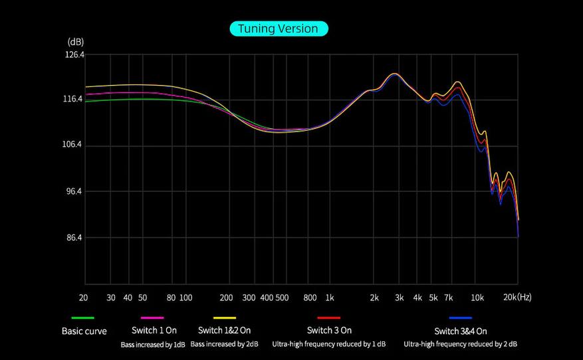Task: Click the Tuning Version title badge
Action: point(279,29)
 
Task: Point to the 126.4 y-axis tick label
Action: point(74,55)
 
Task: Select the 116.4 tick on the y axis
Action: point(74,99)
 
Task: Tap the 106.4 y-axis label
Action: point(74,145)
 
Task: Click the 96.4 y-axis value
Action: point(74,191)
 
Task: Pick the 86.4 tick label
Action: point(74,237)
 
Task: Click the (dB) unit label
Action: point(75,42)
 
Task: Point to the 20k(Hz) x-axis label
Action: point(517,297)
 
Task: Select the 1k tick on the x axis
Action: point(329,298)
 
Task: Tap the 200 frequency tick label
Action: point(226,298)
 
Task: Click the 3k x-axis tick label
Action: point(399,298)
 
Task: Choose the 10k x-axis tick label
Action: point(477,298)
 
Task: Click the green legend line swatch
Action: point(83,318)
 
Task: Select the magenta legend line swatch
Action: point(152,318)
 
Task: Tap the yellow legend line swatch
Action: point(225,318)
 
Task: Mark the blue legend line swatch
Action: point(460,318)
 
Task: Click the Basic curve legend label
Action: point(84,331)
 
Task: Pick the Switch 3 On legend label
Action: point(329,330)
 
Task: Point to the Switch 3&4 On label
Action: point(461,331)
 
